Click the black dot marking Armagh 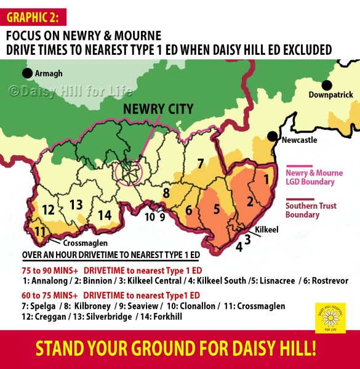point(27,73)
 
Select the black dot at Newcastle point(271,135)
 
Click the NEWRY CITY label point(158,110)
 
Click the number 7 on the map point(199,163)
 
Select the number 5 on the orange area point(216,209)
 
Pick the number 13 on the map point(76,204)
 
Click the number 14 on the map point(105,214)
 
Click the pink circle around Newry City point(129,174)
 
